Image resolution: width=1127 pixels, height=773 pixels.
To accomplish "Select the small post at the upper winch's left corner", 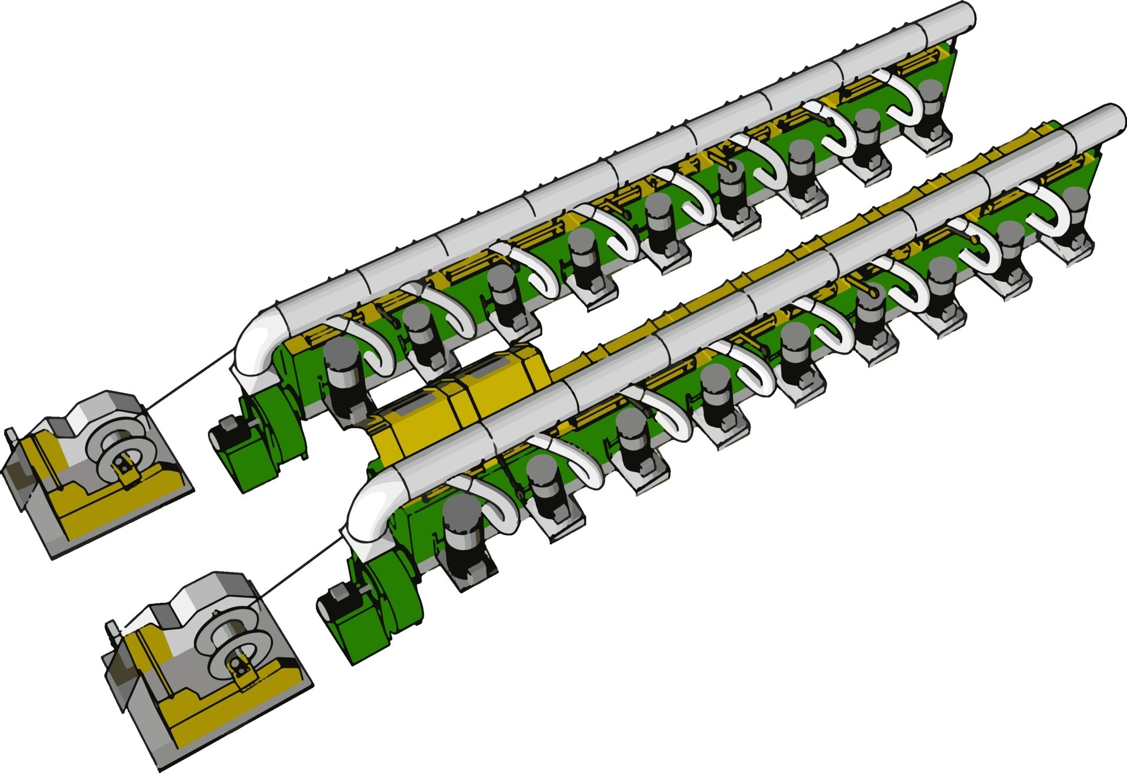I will coord(10,438).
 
